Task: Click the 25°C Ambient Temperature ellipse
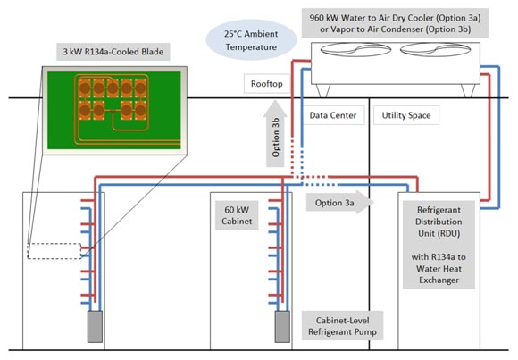click(x=251, y=40)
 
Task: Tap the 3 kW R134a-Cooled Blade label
click(x=113, y=52)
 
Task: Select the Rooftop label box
click(x=267, y=84)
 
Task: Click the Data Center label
click(x=333, y=115)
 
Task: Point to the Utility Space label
click(x=406, y=115)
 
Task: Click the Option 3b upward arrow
click(x=275, y=134)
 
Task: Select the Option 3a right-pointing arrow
click(x=339, y=202)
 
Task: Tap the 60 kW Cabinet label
click(x=237, y=215)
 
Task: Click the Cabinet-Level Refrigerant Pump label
click(x=342, y=326)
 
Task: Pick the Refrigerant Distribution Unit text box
click(x=439, y=245)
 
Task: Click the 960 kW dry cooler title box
click(x=395, y=23)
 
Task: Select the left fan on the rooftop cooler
click(x=355, y=50)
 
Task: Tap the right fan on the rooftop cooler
click(x=435, y=50)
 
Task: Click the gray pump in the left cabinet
click(x=95, y=327)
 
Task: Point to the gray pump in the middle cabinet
click(x=282, y=327)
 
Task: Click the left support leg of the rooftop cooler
click(x=323, y=91)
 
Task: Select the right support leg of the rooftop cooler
click(x=468, y=91)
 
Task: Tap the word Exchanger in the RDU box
click(x=439, y=280)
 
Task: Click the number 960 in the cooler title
click(x=316, y=18)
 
